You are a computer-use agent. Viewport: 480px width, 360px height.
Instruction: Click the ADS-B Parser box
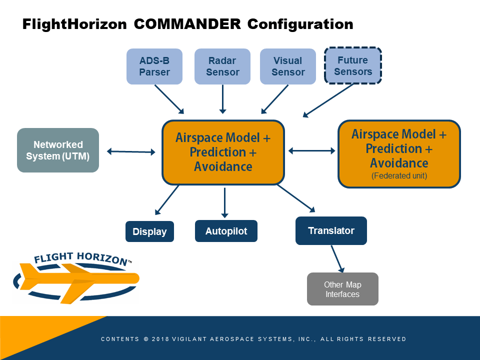pyautogui.click(x=154, y=66)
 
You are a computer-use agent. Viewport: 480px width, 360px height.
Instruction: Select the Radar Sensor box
pyautogui.click(x=222, y=66)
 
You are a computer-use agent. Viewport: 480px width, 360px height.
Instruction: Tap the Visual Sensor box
pyautogui.click(x=288, y=66)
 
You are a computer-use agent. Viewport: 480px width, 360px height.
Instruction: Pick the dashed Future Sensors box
pyautogui.click(x=352, y=65)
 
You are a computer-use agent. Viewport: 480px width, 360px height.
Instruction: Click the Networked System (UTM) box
pyautogui.click(x=58, y=150)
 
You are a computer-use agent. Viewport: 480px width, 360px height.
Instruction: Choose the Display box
pyautogui.click(x=149, y=231)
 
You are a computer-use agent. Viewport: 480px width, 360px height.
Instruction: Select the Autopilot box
pyautogui.click(x=226, y=231)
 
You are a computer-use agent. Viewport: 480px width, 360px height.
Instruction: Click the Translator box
pyautogui.click(x=331, y=231)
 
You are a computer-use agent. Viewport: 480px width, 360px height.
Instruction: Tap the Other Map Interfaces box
pyautogui.click(x=342, y=289)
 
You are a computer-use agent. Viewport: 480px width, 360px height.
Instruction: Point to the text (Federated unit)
pyautogui.click(x=399, y=175)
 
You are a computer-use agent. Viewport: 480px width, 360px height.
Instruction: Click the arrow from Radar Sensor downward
pyautogui.click(x=223, y=99)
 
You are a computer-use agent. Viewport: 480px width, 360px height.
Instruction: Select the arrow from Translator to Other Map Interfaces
pyautogui.click(x=337, y=259)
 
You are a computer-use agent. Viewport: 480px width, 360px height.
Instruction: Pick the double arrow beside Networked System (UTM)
pyautogui.click(x=131, y=151)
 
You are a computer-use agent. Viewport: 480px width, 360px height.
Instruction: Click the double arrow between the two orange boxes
pyautogui.click(x=312, y=150)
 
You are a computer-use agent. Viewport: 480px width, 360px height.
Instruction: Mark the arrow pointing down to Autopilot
pyautogui.click(x=224, y=202)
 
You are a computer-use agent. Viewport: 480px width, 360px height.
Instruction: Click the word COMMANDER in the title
pyautogui.click(x=187, y=24)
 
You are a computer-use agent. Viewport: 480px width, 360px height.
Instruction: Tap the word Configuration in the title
pyautogui.click(x=300, y=24)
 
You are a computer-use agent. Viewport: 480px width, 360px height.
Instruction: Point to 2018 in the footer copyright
pyautogui.click(x=160, y=339)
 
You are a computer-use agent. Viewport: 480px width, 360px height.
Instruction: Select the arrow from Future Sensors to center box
pyautogui.click(x=328, y=100)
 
